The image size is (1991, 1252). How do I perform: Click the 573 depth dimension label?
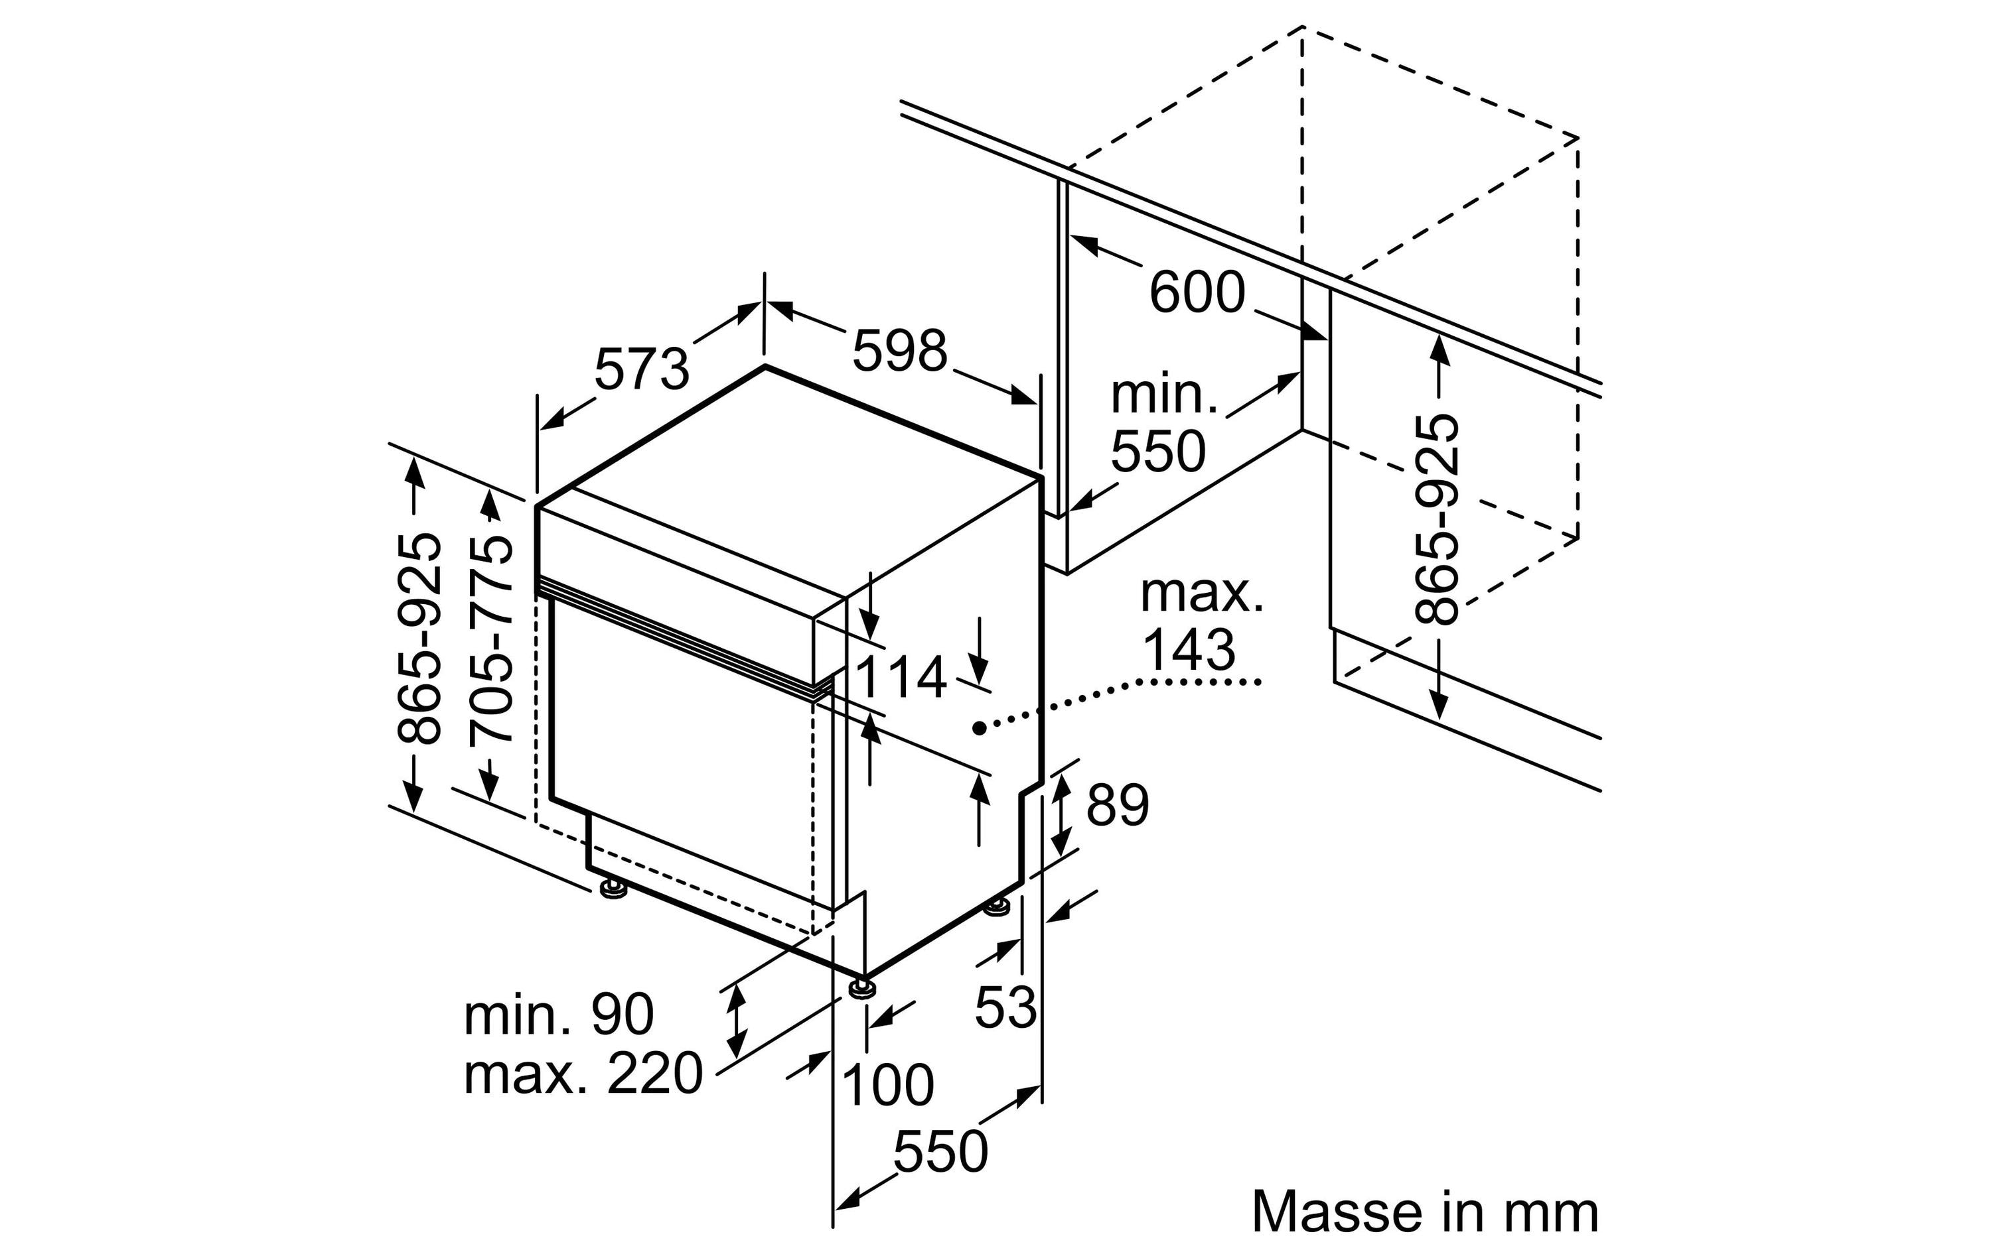pos(642,369)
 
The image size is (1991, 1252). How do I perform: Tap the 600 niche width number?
pos(1197,292)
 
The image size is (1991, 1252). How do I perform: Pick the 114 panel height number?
pos(901,678)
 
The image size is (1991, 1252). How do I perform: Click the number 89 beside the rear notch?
pos(1117,805)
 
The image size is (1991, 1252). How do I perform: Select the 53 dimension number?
pos(1005,1007)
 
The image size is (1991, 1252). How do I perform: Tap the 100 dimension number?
pos(887,1084)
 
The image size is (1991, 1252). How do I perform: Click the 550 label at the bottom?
pos(941,1152)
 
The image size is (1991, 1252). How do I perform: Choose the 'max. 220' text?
pos(583,1074)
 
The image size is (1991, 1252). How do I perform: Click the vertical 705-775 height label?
pos(490,640)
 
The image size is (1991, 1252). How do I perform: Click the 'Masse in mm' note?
pos(1425,1212)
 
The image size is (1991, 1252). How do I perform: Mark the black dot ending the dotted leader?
pos(979,727)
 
